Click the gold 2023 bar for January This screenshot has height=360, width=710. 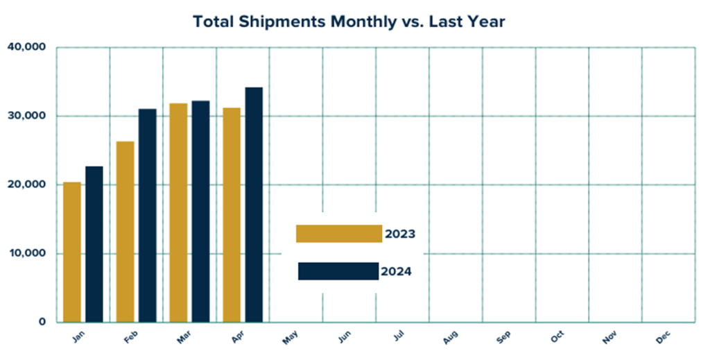(x=72, y=252)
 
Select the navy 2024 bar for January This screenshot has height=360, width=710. (x=94, y=244)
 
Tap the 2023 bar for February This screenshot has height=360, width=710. (x=125, y=232)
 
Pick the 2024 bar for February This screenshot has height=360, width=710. (x=147, y=216)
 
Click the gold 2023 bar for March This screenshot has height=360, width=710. (x=178, y=213)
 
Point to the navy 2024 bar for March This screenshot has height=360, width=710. (x=200, y=212)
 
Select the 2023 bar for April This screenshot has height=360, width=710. (x=232, y=215)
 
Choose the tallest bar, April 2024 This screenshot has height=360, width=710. (x=254, y=205)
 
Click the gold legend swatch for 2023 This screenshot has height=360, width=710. (x=339, y=234)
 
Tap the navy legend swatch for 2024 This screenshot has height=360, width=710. (x=338, y=271)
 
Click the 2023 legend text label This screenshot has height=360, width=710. (x=400, y=234)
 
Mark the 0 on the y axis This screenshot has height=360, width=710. (x=42, y=323)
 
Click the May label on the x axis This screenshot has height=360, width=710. (x=291, y=338)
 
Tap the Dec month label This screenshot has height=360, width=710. (x=663, y=338)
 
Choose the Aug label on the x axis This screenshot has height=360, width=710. (x=450, y=338)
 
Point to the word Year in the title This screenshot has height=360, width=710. (x=485, y=22)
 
